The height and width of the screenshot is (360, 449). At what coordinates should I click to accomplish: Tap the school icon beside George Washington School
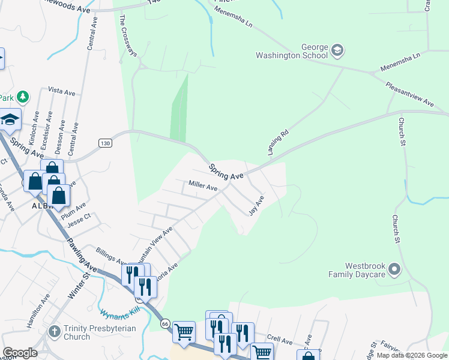337,50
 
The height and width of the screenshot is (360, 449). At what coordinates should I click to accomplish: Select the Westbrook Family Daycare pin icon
394,270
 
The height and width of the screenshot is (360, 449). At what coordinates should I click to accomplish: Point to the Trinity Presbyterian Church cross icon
54,332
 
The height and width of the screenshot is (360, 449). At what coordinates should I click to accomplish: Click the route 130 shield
106,143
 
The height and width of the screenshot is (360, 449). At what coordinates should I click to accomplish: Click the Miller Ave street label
203,187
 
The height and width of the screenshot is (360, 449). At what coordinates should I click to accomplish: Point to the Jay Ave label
256,206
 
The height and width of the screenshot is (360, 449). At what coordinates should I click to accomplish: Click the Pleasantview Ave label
410,95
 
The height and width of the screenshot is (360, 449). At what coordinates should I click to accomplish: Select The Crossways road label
128,37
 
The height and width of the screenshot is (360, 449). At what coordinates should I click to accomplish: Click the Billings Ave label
109,254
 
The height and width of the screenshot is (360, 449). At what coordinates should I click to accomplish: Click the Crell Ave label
279,340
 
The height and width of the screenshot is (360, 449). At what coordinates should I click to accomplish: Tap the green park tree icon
23,96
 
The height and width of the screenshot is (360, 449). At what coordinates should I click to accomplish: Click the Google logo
20,353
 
